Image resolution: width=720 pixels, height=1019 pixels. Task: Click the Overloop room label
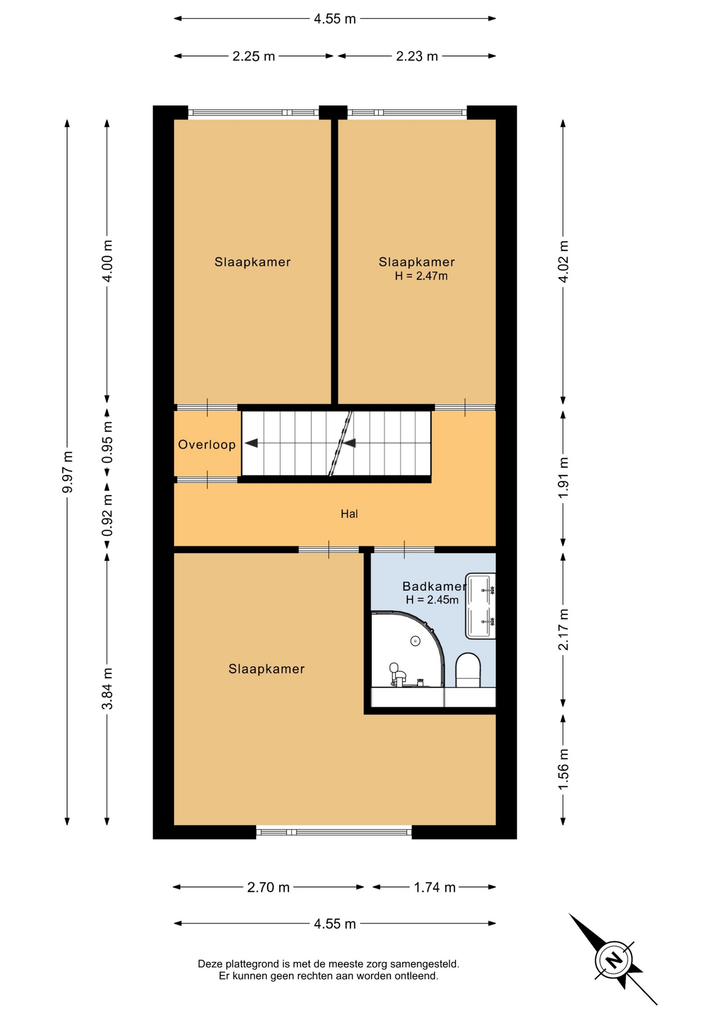coord(207,445)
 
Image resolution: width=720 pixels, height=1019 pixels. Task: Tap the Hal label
coord(349,514)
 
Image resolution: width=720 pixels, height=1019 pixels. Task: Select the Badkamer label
coord(434,586)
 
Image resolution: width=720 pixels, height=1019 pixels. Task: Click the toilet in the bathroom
coord(468,670)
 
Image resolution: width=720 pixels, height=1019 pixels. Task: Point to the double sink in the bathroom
coord(480,606)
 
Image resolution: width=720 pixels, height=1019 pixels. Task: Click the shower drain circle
coord(415,641)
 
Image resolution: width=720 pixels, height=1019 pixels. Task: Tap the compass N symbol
coord(614,960)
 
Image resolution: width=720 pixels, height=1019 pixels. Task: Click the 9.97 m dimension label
coord(67,472)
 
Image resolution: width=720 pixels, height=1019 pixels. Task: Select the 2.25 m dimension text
coord(254,56)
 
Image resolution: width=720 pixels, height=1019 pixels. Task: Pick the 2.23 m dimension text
coord(417,56)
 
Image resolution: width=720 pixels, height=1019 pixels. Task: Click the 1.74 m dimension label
coord(435,887)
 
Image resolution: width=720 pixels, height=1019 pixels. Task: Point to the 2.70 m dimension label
coord(268,887)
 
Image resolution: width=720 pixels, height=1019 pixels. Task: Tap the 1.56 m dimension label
coord(563,769)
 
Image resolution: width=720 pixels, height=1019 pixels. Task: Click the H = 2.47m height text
coord(422,276)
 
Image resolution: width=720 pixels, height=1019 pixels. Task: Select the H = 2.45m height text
coord(432,600)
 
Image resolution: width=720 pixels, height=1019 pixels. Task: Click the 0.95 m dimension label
coord(107,442)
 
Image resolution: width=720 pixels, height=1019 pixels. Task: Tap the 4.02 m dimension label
coord(563,262)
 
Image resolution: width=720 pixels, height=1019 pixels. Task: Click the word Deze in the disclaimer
coord(210,964)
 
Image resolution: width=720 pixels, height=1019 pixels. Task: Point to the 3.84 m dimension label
coord(107,688)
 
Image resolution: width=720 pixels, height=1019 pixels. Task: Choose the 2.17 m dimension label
coord(563,629)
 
